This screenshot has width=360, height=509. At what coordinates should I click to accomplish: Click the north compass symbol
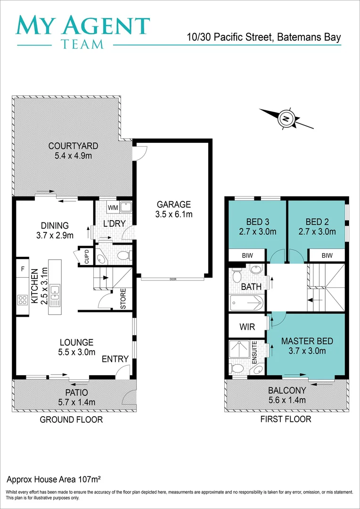(x=286, y=118)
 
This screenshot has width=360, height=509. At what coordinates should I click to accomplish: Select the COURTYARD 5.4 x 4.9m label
(x=73, y=151)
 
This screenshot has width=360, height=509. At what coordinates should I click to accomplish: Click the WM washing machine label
(x=113, y=207)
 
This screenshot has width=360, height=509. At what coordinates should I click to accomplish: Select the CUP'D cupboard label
(x=87, y=256)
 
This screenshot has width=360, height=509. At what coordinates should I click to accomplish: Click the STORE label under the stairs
(x=123, y=299)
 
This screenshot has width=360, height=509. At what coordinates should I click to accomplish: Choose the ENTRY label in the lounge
(x=115, y=359)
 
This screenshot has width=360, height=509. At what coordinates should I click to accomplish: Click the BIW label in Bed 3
(x=246, y=255)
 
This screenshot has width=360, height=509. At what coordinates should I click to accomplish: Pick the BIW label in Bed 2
(x=327, y=255)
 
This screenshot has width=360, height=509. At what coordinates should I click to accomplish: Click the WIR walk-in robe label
(x=247, y=326)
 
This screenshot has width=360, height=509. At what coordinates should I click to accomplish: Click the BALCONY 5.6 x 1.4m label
(x=287, y=395)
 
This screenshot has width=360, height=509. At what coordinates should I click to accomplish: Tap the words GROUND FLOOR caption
(x=71, y=419)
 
